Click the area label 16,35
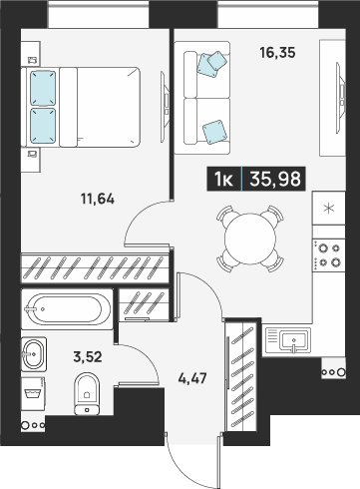point(277,53)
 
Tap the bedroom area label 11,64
point(98,200)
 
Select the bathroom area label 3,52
point(88,357)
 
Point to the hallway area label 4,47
point(192,378)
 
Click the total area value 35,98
point(275,179)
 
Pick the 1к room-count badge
point(224,179)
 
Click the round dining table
point(250,239)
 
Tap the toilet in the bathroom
point(87,393)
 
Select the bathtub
point(67,309)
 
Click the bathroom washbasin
point(34,354)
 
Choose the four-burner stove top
point(329,255)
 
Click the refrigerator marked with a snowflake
point(329,209)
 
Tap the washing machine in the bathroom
point(33,394)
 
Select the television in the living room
point(340,98)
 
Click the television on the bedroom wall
point(166,107)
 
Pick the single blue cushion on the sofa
point(214,132)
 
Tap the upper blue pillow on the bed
point(43,88)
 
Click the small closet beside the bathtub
point(144,305)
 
